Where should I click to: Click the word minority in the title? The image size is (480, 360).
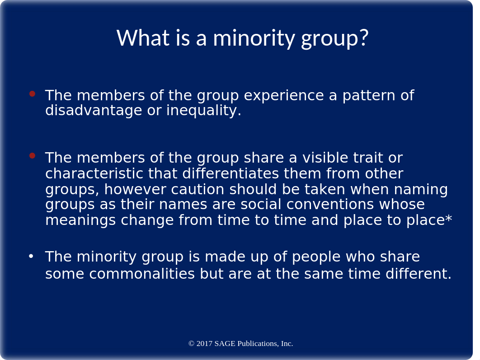click(x=254, y=39)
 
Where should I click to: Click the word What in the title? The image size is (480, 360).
click(x=143, y=37)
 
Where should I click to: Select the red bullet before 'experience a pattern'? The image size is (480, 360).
click(x=33, y=94)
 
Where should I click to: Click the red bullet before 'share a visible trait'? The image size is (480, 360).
click(x=33, y=156)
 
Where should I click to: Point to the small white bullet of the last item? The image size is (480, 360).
click(x=31, y=256)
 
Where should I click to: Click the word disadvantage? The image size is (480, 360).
click(x=94, y=110)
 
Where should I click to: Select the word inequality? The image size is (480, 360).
click(x=203, y=110)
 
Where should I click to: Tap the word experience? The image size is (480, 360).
click(x=284, y=96)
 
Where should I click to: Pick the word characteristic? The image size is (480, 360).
click(x=94, y=173)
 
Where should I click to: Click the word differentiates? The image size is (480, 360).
click(x=231, y=173)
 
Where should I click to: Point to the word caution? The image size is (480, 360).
click(x=198, y=189)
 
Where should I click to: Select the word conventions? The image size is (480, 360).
click(x=330, y=204)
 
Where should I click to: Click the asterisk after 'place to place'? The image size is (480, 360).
click(x=448, y=219)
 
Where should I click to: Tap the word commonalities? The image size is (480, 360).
click(x=142, y=274)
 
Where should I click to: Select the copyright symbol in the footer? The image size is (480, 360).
click(x=191, y=343)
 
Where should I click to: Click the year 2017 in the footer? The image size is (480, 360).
click(x=204, y=343)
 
